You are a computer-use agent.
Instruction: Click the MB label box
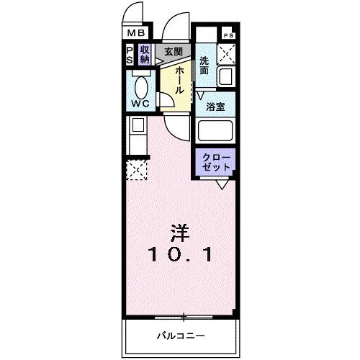136,32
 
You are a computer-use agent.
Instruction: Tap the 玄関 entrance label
172,52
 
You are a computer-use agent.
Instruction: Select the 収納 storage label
145,55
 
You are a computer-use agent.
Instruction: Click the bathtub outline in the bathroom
216,131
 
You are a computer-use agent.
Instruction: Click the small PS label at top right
228,35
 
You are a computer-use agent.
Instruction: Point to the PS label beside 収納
130,55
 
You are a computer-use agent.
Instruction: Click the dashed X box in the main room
136,170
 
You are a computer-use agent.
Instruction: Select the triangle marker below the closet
223,185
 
